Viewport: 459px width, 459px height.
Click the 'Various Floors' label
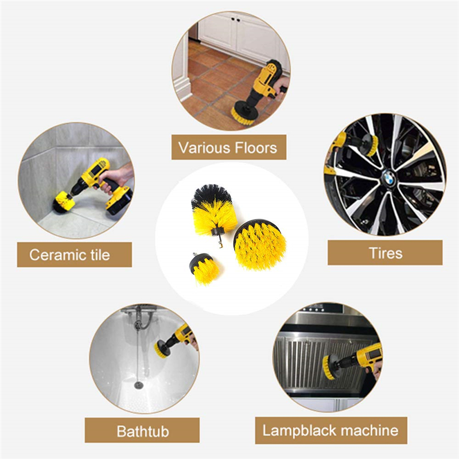pos(228,147)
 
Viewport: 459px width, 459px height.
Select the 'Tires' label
pos(386,252)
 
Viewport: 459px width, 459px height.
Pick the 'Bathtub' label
pos(143,430)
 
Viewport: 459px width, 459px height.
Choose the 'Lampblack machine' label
pos(330,430)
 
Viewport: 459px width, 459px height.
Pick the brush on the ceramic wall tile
pos(61,200)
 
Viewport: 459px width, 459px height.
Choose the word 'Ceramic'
pos(56,254)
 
